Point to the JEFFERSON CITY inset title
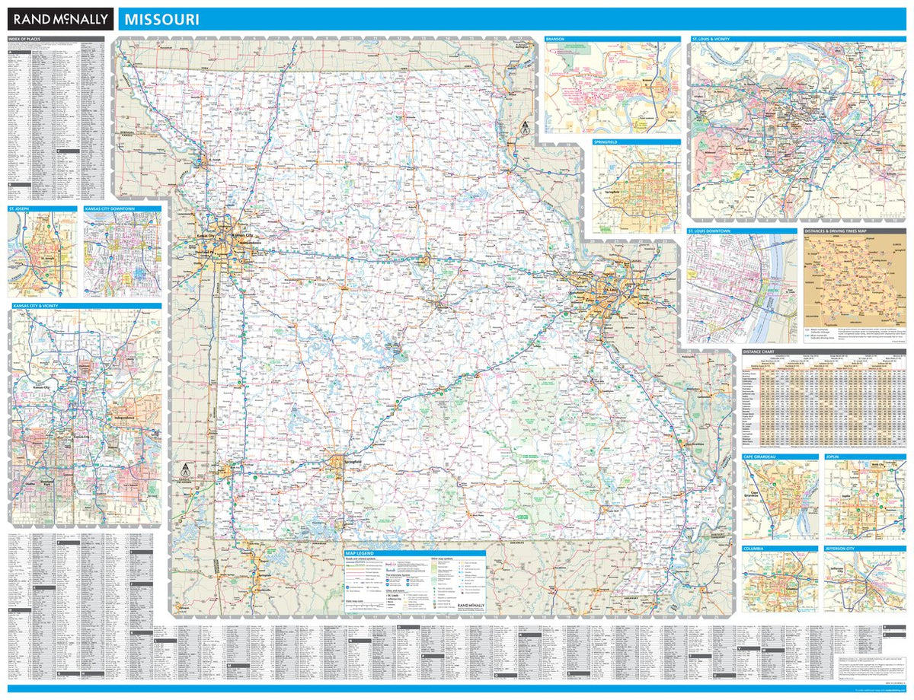coord(843,548)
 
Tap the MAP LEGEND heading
coord(361,553)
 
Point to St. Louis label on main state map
coord(611,290)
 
